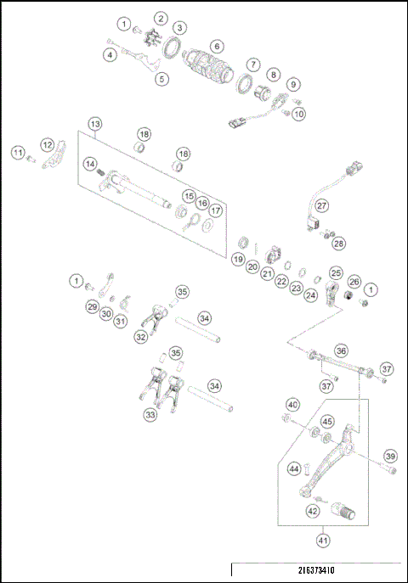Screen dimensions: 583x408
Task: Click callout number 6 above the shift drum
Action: tap(218, 46)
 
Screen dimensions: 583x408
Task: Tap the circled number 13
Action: tap(95, 125)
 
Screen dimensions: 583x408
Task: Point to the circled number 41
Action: tap(324, 539)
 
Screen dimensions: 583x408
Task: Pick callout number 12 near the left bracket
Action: tap(48, 145)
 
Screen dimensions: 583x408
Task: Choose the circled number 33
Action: tap(150, 415)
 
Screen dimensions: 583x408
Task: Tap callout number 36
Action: tap(341, 350)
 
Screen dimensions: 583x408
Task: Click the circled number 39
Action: tap(390, 456)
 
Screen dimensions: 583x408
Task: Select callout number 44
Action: tap(294, 468)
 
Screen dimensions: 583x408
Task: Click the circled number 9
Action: tap(292, 84)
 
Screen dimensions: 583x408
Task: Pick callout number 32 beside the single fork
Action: tap(140, 336)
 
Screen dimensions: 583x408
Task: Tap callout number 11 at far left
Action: tap(18, 152)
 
